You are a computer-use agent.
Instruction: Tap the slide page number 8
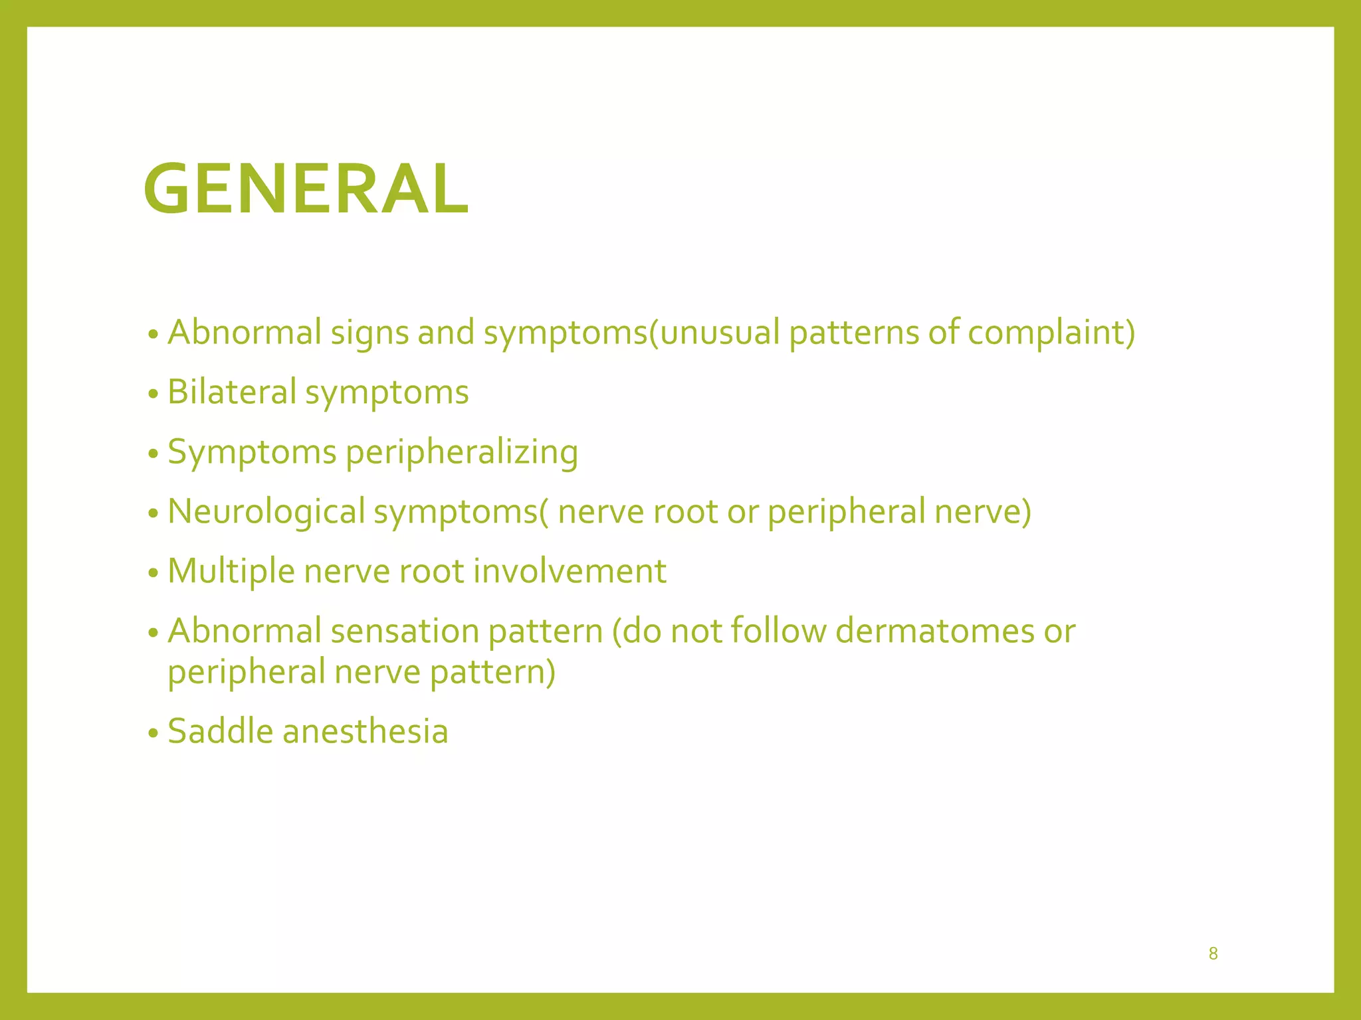coord(1213,954)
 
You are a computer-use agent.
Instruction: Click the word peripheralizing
coord(462,453)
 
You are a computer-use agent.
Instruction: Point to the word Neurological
coord(266,512)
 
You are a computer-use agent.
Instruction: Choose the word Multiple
coord(231,571)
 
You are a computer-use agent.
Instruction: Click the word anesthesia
coord(365,731)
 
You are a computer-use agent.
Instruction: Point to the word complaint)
coord(1051,332)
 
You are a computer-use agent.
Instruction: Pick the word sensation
coord(405,631)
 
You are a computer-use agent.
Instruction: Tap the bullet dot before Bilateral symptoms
coord(154,394)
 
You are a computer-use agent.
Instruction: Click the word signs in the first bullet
coord(369,333)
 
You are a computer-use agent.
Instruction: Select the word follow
coord(778,631)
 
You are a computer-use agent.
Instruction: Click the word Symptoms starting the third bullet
coord(252,453)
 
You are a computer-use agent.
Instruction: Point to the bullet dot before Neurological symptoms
coord(154,514)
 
